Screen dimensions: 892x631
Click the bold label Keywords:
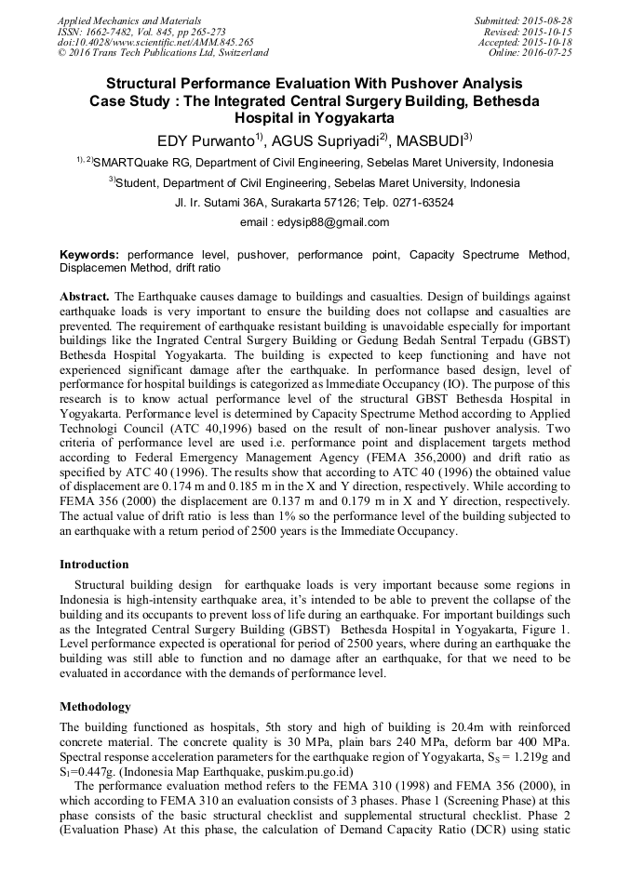click(x=89, y=254)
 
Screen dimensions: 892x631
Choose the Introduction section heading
click(x=94, y=565)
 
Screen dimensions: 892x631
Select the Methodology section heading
click(x=95, y=706)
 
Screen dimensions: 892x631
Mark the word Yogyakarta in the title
click(x=348, y=119)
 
